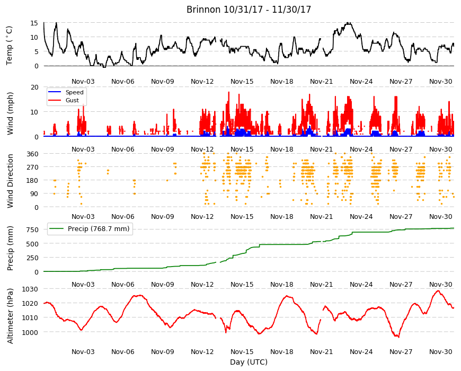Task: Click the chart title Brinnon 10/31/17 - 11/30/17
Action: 249,10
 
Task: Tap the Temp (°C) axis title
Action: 10,46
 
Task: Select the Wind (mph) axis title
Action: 10,113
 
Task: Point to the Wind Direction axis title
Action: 10,181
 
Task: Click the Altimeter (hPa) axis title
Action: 10,316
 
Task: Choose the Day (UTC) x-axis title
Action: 249,362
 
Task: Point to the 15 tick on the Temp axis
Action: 34,23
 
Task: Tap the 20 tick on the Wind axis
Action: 34,87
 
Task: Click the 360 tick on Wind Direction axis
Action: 33,154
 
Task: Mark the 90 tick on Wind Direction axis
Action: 34,194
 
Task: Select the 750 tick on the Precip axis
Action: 33,229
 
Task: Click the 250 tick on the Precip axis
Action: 33,258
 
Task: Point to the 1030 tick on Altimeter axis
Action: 30,289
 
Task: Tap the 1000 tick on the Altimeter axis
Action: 30,332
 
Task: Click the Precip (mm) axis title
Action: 10,248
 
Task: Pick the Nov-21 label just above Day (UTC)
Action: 321,351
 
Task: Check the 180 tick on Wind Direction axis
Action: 33,181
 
